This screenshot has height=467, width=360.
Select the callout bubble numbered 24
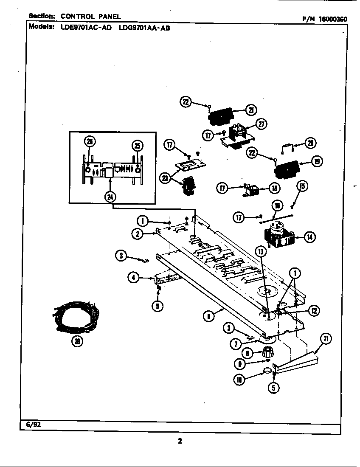110,197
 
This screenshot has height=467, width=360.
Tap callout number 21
251,110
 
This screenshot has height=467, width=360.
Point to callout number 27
261,124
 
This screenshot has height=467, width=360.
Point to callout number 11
326,338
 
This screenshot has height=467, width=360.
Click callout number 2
138,233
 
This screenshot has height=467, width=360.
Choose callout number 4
134,278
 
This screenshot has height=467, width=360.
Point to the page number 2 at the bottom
180,441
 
